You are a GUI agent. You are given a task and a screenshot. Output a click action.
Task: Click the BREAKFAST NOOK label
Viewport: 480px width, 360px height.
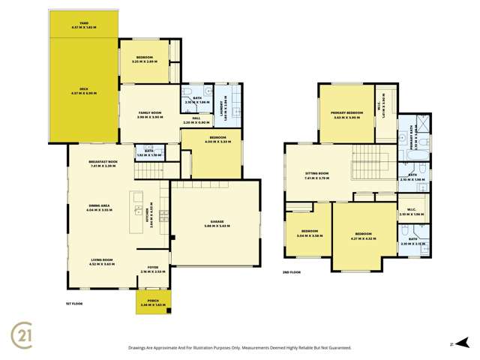click(x=103, y=163)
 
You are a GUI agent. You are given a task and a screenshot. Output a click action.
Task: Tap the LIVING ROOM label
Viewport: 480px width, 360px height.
click(x=100, y=262)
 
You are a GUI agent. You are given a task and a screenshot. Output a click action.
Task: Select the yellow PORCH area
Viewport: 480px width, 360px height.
click(x=154, y=302)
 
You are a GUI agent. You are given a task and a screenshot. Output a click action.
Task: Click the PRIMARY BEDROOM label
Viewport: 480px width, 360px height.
click(x=347, y=115)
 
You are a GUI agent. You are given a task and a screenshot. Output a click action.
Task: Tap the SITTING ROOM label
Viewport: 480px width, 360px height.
click(x=317, y=176)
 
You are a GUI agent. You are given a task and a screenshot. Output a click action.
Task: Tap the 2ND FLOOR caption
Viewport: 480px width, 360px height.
click(x=292, y=273)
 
